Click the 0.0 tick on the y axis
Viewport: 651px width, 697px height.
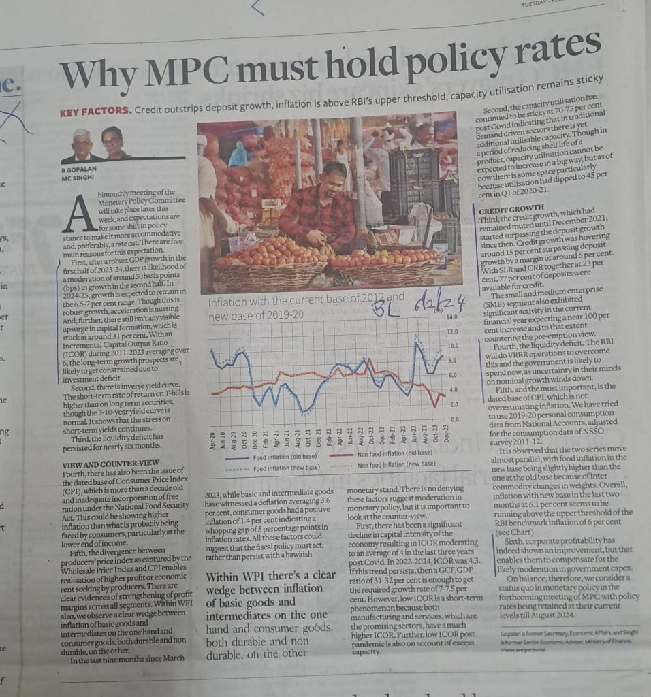pos(455,419)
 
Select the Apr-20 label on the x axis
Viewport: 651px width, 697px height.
pos(212,439)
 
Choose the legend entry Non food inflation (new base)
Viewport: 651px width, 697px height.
pos(396,464)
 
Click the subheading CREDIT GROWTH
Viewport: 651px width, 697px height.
pos(511,208)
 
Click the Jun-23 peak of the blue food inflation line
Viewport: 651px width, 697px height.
pos(416,338)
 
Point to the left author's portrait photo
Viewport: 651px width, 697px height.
pos(83,144)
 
